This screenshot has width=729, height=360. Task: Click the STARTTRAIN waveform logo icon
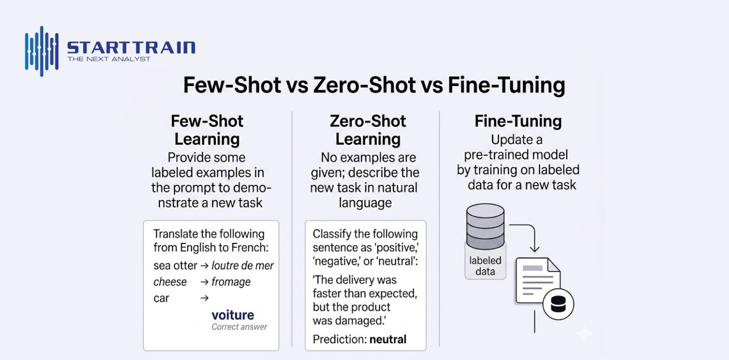(42, 51)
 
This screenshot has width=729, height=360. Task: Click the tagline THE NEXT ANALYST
(109, 59)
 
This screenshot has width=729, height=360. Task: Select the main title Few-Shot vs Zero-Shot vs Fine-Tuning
(374, 85)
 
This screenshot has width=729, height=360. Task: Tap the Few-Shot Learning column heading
(207, 130)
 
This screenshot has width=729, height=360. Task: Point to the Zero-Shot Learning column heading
(368, 130)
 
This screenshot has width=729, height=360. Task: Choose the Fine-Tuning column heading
(518, 121)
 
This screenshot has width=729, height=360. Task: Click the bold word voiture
(233, 315)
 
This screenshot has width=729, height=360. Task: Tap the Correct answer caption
(239, 327)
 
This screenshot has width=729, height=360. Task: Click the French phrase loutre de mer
(243, 265)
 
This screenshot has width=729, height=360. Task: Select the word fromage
(231, 282)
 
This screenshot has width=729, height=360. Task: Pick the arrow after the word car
(205, 298)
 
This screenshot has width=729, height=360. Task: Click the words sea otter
(175, 265)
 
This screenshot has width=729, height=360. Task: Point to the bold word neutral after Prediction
(388, 339)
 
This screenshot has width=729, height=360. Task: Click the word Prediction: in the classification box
(340, 339)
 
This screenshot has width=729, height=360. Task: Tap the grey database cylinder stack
(485, 227)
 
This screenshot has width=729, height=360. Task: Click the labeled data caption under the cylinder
(485, 266)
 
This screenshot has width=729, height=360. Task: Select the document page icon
(538, 281)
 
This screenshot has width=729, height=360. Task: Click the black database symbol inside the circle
(558, 305)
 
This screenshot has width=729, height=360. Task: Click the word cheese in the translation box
(170, 282)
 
